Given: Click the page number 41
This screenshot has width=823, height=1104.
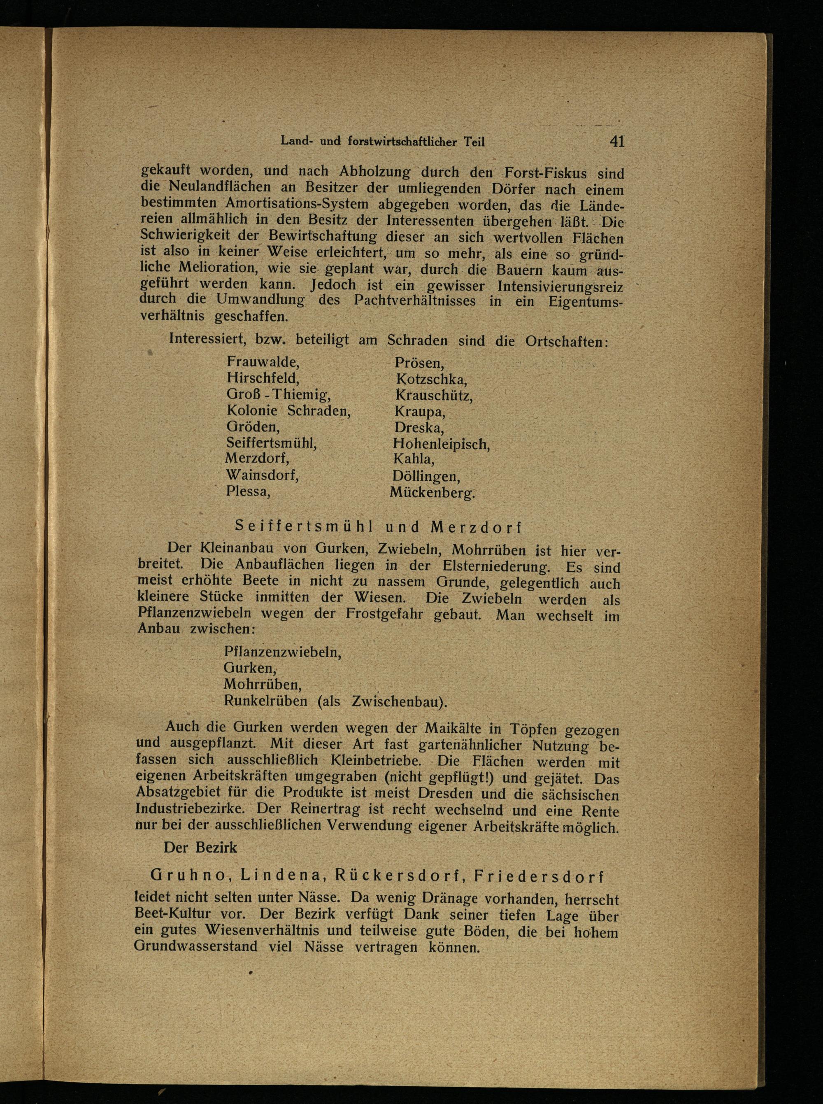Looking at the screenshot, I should pyautogui.click(x=616, y=142).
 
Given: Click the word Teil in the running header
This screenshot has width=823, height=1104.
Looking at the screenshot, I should pyautogui.click(x=474, y=142).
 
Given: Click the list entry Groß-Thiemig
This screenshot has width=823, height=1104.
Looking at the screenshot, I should pyautogui.click(x=279, y=395).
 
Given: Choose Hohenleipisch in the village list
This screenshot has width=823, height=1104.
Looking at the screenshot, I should pyautogui.click(x=441, y=443).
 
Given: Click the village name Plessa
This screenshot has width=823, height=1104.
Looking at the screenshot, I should pyautogui.click(x=248, y=491).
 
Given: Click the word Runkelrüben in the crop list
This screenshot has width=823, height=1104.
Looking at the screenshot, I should pyautogui.click(x=265, y=701).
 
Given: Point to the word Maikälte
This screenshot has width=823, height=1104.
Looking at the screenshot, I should pyautogui.click(x=453, y=728).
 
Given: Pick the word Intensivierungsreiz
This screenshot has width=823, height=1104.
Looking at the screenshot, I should pyautogui.click(x=560, y=286).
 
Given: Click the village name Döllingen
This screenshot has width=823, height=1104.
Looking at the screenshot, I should pyautogui.click(x=426, y=476).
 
